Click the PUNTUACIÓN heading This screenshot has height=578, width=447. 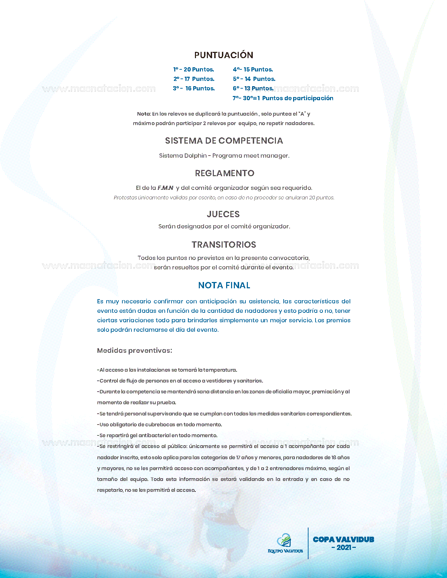224,55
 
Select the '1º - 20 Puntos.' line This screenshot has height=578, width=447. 194,70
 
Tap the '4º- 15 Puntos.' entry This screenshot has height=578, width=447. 253,70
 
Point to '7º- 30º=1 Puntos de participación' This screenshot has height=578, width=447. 283,98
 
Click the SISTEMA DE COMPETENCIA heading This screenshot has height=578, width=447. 224,141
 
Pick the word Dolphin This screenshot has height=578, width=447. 196,156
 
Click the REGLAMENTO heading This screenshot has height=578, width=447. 225,173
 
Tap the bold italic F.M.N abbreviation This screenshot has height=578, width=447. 165,188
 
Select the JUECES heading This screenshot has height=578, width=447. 223,214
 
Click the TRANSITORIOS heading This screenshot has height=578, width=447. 224,245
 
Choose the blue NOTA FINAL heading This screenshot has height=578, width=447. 224,285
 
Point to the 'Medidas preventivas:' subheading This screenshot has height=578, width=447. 135,351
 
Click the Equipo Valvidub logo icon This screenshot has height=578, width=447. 284,541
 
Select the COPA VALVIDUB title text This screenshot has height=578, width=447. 344,540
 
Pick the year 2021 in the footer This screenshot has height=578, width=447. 344,548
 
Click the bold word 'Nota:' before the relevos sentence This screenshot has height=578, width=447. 144,114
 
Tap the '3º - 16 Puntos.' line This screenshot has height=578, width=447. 194,89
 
